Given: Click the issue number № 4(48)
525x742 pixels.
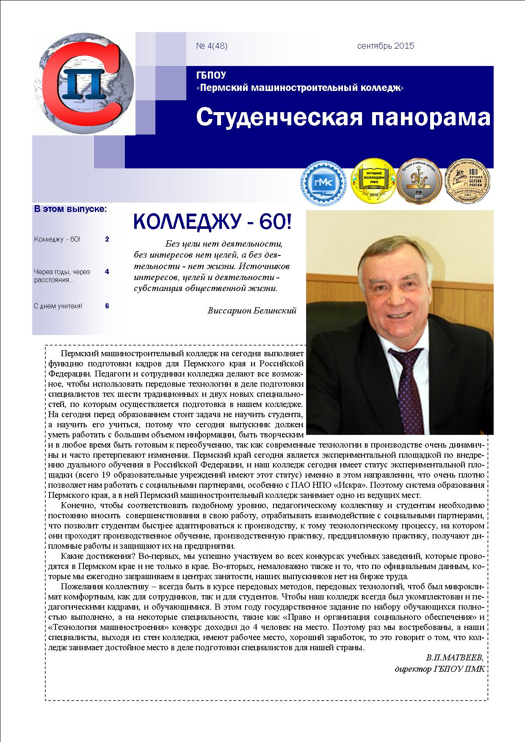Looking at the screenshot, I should (212, 46).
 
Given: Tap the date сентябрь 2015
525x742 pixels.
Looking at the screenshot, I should (385, 46).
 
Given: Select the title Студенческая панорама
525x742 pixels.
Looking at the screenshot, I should (343, 117).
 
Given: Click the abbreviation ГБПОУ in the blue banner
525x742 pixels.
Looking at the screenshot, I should (211, 76).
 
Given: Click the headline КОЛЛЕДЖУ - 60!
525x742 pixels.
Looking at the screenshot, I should (213, 222).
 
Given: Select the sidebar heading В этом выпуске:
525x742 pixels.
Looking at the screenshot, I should (70, 209).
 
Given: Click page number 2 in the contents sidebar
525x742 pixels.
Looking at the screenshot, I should (107, 239).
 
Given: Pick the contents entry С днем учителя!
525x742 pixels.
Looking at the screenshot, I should (58, 306).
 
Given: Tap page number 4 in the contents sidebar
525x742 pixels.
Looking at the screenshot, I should (107, 272).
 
